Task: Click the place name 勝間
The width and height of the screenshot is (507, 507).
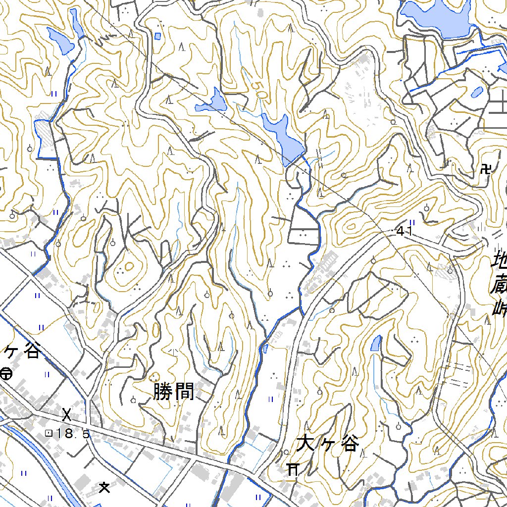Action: coord(173,393)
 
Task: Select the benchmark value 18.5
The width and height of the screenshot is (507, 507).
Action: coord(73,434)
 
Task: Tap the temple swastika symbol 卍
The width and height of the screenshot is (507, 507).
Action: coord(486,170)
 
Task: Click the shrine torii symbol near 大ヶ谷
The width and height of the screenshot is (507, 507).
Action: coord(293,468)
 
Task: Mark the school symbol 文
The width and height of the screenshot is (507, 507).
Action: coord(104,488)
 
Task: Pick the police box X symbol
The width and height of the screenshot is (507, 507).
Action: coord(67,412)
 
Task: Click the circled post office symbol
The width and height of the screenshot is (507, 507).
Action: coord(6,374)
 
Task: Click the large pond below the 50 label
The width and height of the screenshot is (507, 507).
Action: coord(284,138)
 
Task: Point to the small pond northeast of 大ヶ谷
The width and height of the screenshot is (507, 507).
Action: coord(376,344)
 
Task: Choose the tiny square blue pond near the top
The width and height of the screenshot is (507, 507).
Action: coord(157,36)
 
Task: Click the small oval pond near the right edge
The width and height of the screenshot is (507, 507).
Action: coord(477,92)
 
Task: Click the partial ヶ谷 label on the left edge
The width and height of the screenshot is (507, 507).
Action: coord(22,352)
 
